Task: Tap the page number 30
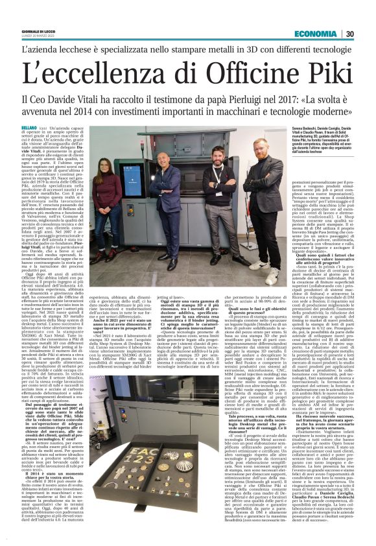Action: [x=349, y=34]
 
